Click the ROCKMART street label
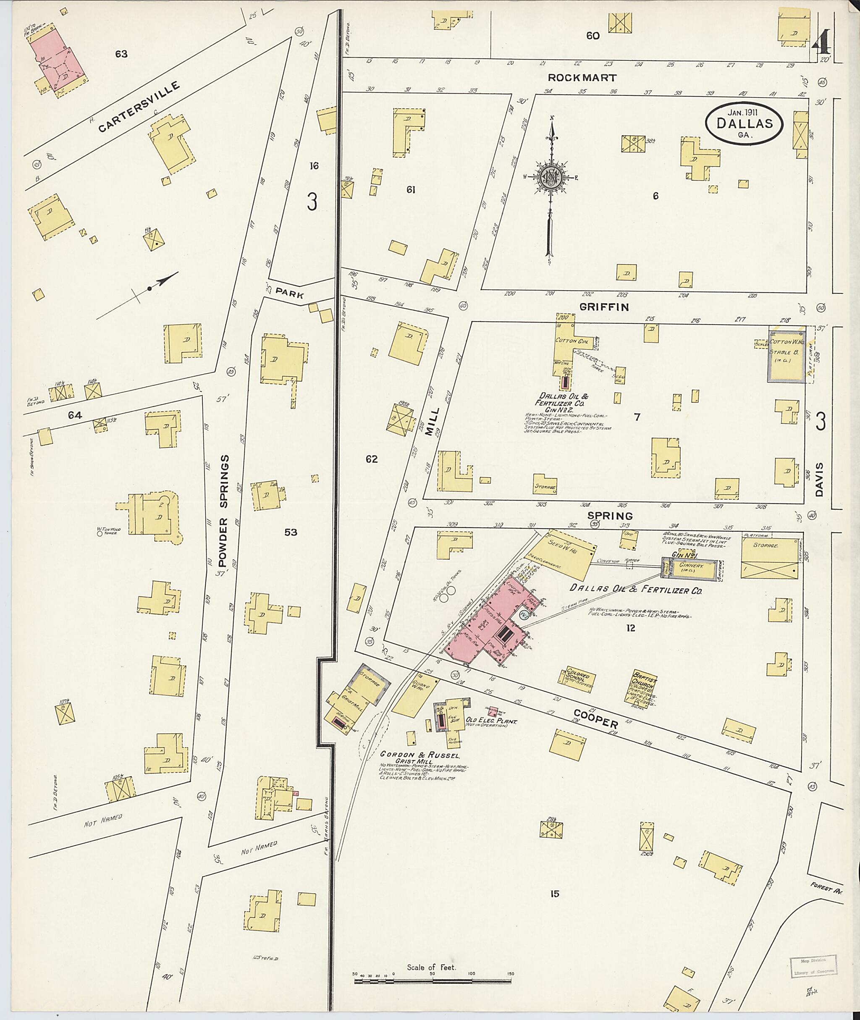[582, 78]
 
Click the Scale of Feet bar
[432, 974]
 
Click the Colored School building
[579, 680]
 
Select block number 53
[291, 532]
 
